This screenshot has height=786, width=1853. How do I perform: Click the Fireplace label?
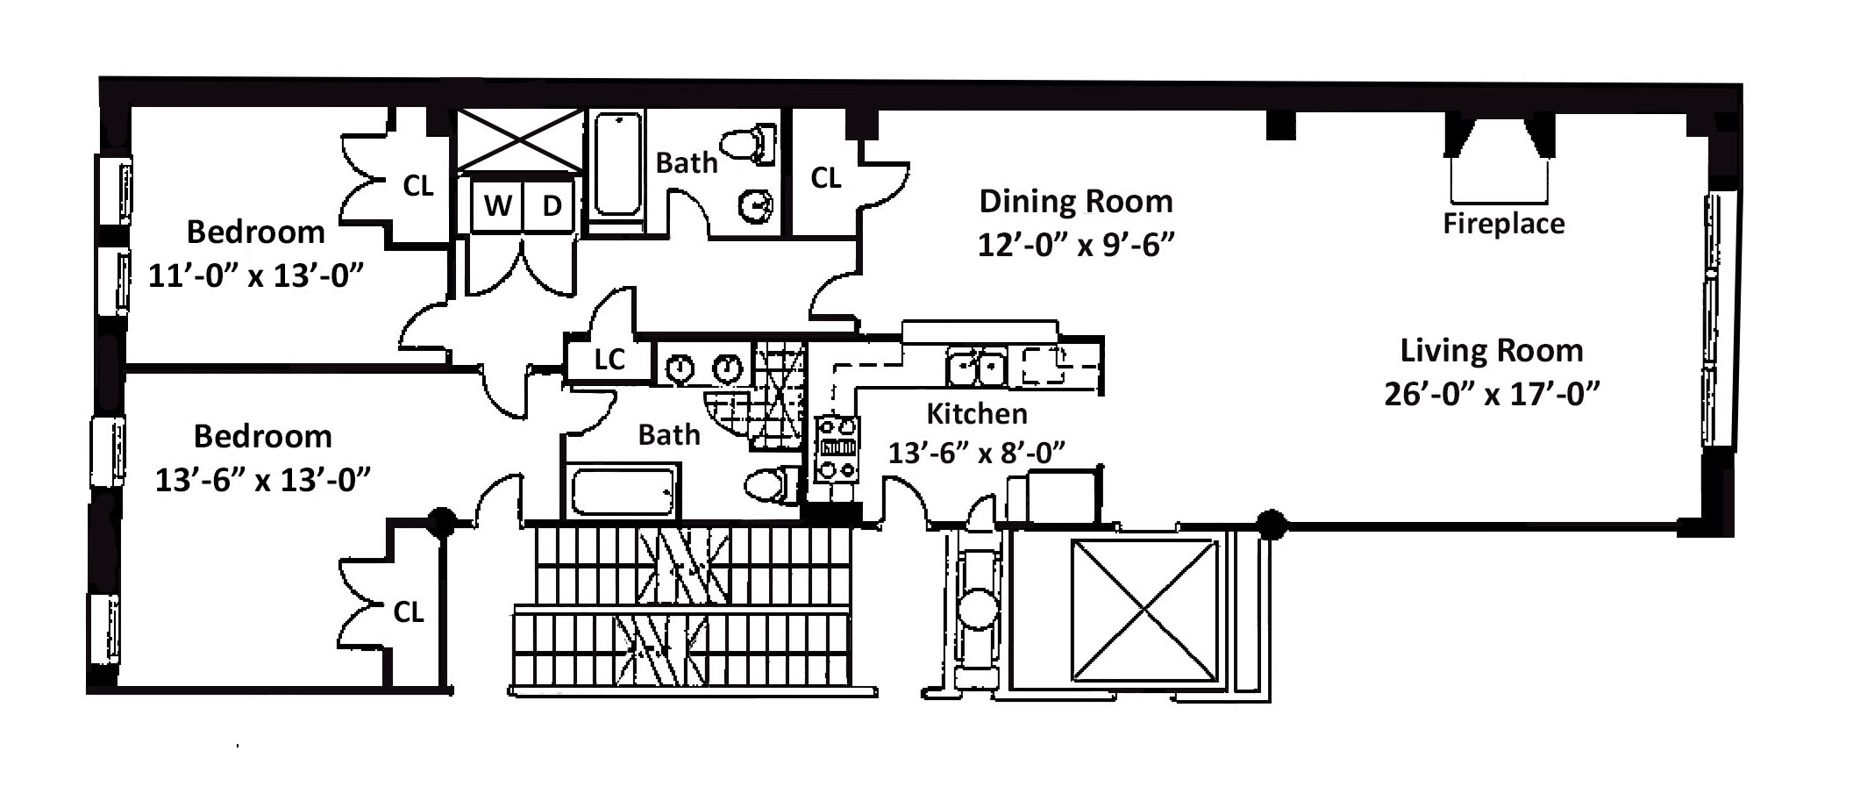coord(1504,224)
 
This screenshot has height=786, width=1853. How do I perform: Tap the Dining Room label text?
coord(1076,202)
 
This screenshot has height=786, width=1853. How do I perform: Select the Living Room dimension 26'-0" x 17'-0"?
coord(1492,394)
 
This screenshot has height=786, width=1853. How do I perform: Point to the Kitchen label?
coord(977,413)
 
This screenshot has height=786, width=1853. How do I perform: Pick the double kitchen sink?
coord(975,366)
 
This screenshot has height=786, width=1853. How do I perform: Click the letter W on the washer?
coord(498,205)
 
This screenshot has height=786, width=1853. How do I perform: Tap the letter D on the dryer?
coord(552,205)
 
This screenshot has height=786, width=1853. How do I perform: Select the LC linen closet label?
coord(609,359)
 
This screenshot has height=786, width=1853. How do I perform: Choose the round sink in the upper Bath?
coord(755,207)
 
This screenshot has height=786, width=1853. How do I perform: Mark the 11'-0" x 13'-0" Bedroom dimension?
coord(255,276)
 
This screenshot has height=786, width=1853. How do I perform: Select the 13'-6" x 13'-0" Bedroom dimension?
coord(262,480)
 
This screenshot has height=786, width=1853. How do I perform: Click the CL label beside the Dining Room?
coord(825,178)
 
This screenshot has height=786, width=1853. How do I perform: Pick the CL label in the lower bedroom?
coord(408,612)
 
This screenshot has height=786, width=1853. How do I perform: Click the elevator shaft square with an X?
coord(1145,611)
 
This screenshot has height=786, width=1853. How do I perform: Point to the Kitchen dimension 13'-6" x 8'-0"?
coord(977,454)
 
